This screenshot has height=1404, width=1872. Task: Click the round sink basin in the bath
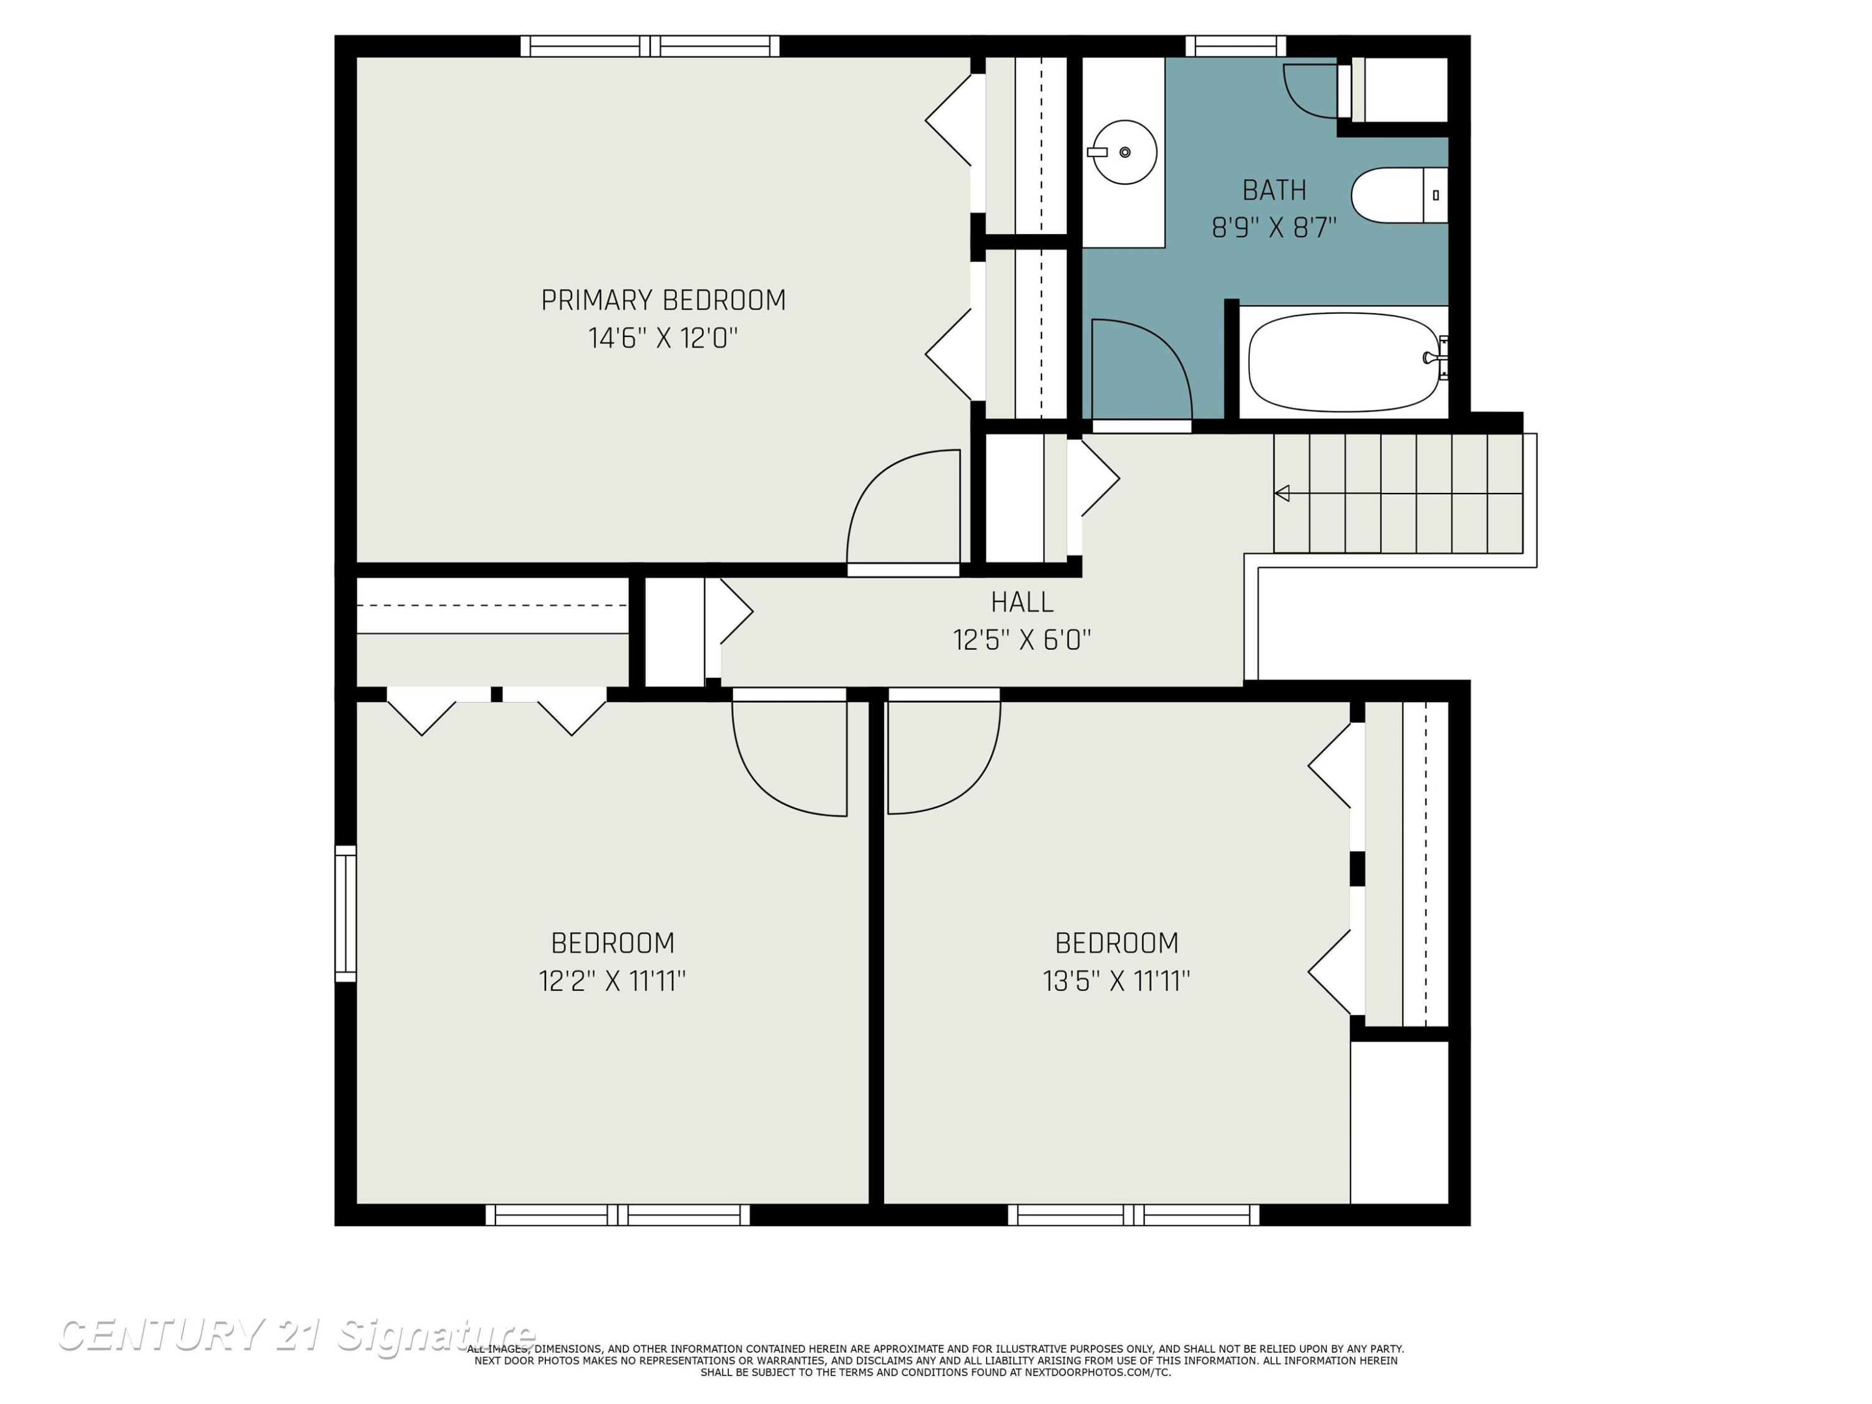[1124, 152]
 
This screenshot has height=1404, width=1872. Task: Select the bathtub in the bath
[1344, 362]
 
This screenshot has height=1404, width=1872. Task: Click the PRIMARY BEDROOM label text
[663, 300]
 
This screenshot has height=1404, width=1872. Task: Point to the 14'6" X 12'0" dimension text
[663, 338]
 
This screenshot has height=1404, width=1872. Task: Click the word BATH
[1274, 190]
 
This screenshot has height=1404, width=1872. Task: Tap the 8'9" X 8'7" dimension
[1274, 228]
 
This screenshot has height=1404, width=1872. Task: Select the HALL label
[1022, 603]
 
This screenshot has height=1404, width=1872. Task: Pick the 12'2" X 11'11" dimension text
[613, 981]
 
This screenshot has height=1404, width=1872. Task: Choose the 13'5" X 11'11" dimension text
[1117, 981]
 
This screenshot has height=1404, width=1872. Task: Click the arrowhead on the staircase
[1282, 494]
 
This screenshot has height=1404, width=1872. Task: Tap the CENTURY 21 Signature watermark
[296, 1335]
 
